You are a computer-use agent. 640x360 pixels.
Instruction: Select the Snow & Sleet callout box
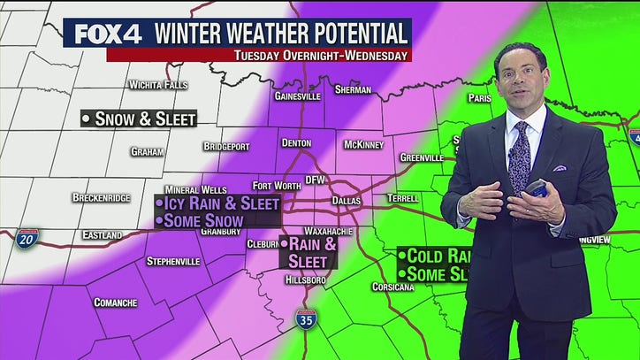(x=138, y=119)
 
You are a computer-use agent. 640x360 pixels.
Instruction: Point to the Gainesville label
(x=295, y=96)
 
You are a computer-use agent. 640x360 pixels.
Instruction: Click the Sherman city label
(x=353, y=89)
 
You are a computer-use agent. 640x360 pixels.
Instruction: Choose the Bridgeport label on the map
(x=226, y=146)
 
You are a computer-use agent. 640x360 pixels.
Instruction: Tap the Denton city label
(x=296, y=142)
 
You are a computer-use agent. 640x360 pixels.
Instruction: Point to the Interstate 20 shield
(x=27, y=239)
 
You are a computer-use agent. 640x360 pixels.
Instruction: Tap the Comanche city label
(x=116, y=303)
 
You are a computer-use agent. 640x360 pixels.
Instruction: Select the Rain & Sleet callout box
(x=309, y=252)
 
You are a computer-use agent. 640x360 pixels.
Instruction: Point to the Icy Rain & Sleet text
(x=217, y=203)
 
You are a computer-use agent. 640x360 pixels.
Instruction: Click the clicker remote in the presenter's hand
(x=537, y=189)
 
